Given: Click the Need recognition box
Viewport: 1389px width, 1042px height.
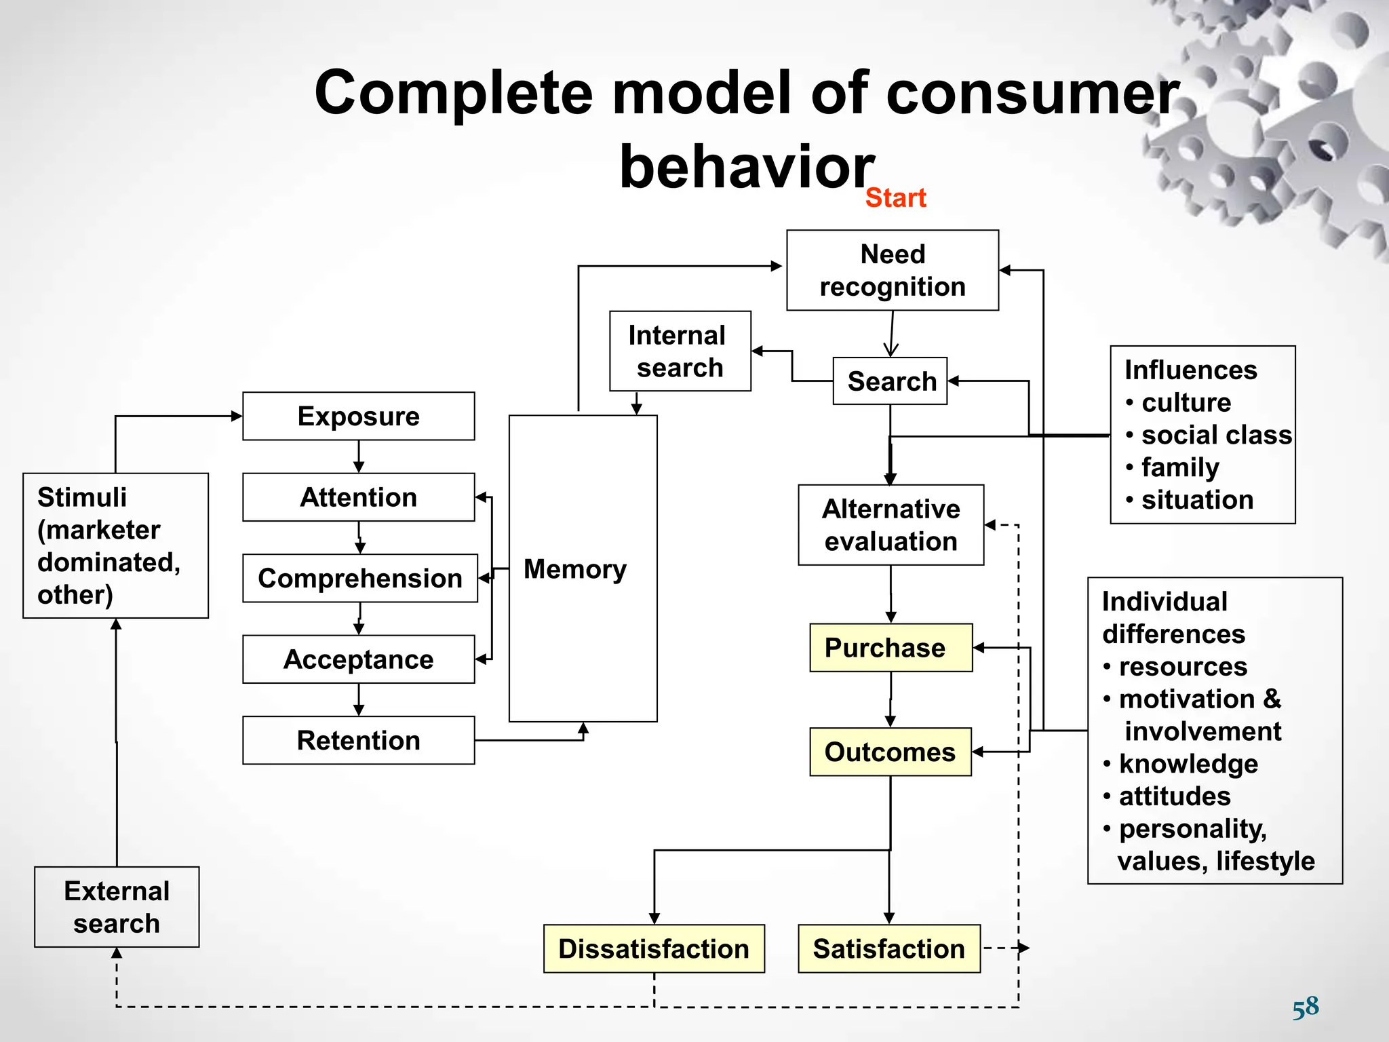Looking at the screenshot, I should (892, 270).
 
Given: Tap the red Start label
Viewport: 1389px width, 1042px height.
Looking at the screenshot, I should (895, 198).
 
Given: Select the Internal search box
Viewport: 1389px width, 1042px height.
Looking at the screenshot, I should (680, 351).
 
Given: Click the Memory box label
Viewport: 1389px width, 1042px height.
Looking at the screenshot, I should (575, 569).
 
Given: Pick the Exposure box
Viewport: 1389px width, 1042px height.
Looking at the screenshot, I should (358, 416).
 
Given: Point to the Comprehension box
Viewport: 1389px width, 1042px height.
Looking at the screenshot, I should (359, 578).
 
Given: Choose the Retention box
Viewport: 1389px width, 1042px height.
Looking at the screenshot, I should (358, 740).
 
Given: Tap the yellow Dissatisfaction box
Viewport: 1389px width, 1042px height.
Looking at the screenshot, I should (654, 948).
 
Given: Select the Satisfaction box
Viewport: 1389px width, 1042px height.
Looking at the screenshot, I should (888, 948).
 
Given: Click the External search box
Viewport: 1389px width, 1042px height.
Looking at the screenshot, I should (117, 907).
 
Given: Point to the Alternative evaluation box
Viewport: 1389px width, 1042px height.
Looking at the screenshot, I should (891, 525).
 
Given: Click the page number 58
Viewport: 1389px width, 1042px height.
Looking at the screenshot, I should (1305, 1007).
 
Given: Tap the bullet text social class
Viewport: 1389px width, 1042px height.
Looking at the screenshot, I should (1216, 435).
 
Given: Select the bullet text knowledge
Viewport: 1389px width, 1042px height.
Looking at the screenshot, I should (1188, 764).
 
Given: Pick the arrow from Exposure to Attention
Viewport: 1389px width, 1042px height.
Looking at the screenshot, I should (359, 457).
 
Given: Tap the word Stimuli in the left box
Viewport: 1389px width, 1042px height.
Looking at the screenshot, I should (82, 497).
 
